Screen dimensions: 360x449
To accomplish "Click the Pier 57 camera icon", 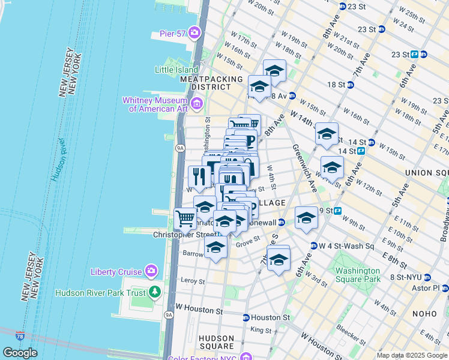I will [194, 32].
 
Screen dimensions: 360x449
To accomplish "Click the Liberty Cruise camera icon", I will [151, 272].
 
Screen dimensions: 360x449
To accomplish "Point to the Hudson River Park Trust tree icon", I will [155, 293].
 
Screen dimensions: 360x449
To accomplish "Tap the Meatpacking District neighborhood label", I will [211, 83].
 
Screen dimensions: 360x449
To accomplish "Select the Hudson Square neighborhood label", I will [216, 342].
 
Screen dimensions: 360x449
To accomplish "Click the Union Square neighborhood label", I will [426, 173].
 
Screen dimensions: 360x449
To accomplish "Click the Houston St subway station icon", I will [246, 317].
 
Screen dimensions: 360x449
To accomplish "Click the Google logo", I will [20, 353].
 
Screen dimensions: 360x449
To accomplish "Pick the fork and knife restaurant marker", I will [198, 176].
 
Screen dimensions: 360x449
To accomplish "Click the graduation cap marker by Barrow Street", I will [215, 247].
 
